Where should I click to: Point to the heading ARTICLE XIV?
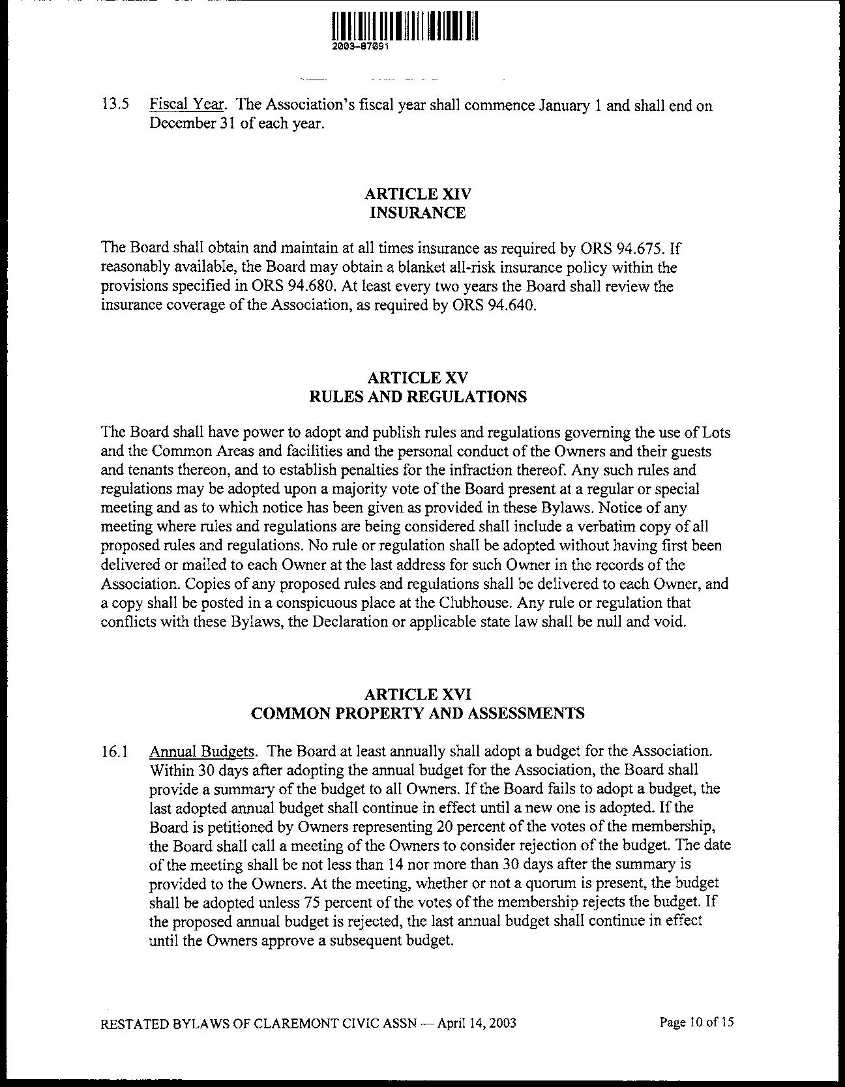[x=418, y=194]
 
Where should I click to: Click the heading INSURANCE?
[x=418, y=213]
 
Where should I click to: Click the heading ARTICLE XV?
[x=418, y=378]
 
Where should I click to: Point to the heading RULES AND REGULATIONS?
[x=418, y=396]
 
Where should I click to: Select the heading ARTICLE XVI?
[x=418, y=694]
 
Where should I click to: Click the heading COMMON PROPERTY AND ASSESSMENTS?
[x=418, y=713]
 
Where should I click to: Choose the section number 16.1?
[x=115, y=752]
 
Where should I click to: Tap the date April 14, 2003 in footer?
[x=477, y=1022]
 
